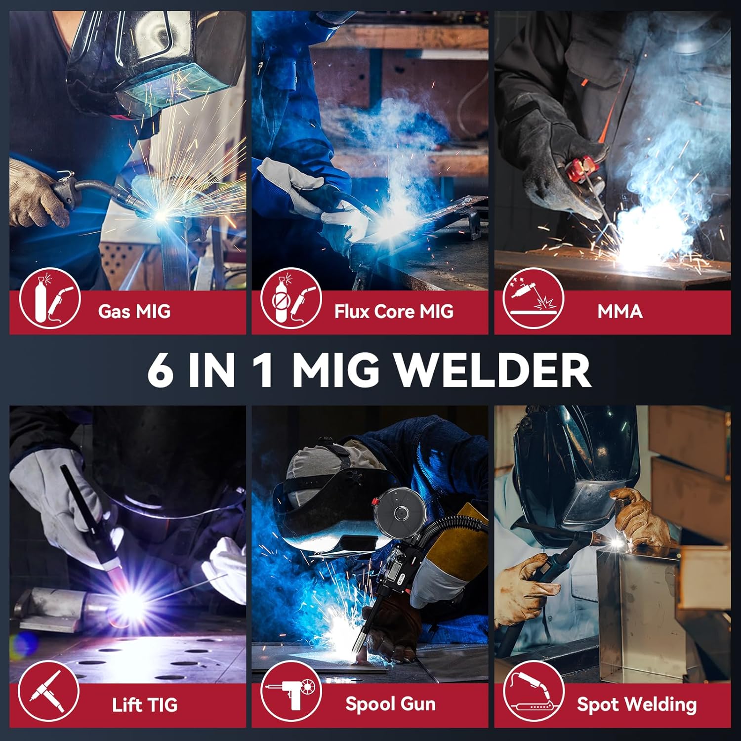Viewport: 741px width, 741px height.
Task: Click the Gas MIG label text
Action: point(134,312)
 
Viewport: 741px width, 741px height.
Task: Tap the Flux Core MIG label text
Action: point(394,312)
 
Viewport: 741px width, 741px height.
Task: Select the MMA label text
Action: point(619,312)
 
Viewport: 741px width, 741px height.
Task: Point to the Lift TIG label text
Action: point(144,705)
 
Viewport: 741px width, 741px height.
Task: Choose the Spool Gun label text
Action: point(390,704)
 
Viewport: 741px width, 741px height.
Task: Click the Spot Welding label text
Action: point(637,705)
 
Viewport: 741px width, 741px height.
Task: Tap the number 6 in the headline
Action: point(161,371)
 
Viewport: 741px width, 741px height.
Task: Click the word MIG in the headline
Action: point(336,371)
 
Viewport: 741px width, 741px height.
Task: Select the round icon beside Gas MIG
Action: point(50,299)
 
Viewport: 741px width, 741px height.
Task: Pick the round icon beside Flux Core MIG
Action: point(291,299)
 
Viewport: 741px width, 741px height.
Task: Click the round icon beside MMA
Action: point(534,298)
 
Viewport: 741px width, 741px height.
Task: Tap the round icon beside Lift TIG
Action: point(48,692)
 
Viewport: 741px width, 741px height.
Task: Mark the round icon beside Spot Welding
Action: point(534,692)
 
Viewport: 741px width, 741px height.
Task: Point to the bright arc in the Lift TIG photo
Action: point(131,600)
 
